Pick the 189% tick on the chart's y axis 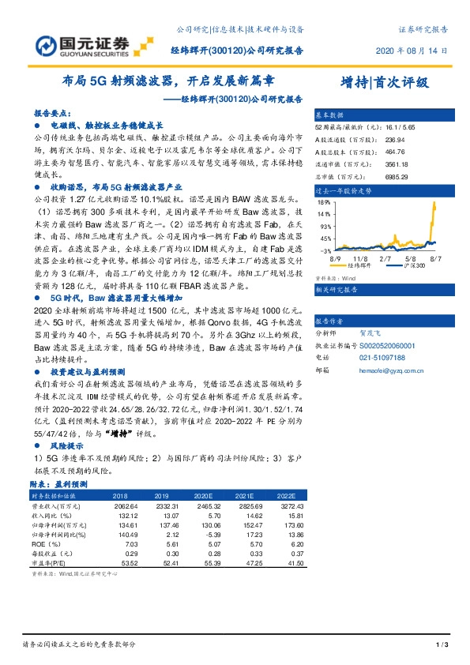[x=324, y=202]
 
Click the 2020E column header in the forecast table [x=204, y=495]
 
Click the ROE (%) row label [x=42, y=545]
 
